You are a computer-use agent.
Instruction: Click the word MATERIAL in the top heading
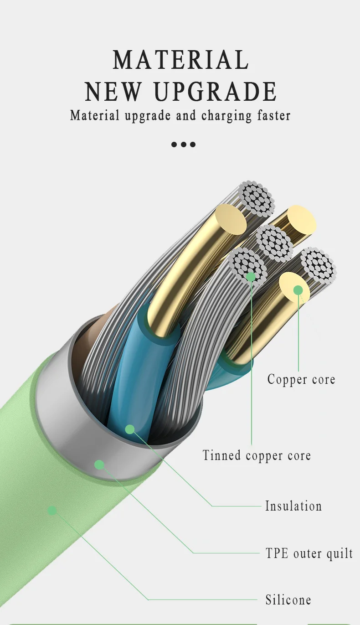point(180,60)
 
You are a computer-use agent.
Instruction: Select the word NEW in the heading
point(113,91)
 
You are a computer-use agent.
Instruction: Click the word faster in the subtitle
point(272,115)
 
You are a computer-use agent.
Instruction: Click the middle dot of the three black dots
point(183,145)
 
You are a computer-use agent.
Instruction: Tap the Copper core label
point(301,379)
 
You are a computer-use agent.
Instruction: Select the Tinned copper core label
point(257,455)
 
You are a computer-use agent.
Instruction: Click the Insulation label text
point(293,506)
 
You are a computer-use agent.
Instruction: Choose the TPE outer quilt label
point(309,553)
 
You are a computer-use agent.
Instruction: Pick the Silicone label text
point(288,599)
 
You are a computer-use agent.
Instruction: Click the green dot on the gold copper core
point(298,290)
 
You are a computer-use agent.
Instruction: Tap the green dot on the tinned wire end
point(251,276)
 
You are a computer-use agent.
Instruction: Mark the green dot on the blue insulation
point(130,429)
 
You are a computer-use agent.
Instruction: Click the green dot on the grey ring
point(99,465)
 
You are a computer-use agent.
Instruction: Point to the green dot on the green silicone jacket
point(52,510)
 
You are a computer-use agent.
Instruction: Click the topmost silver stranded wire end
point(257,198)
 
